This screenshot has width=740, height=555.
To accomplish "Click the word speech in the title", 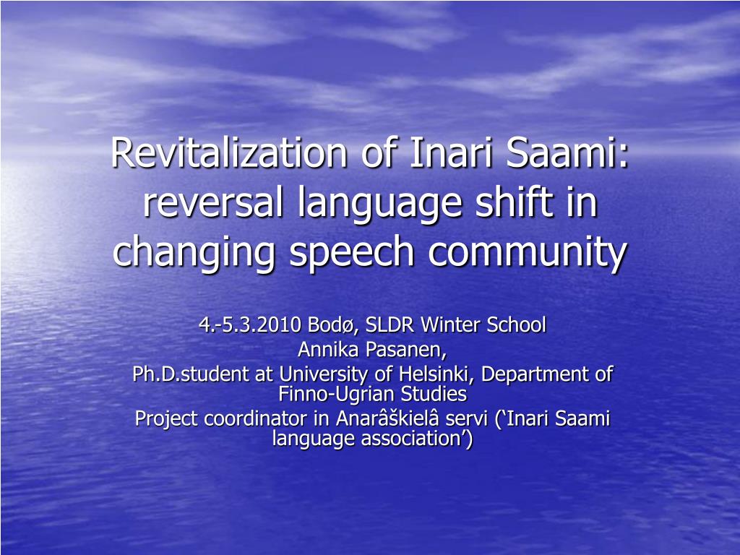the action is pyautogui.click(x=352, y=254).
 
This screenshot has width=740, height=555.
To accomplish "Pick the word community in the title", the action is pyautogui.click(x=528, y=254).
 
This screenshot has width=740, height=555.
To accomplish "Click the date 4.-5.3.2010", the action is pyautogui.click(x=250, y=324).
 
